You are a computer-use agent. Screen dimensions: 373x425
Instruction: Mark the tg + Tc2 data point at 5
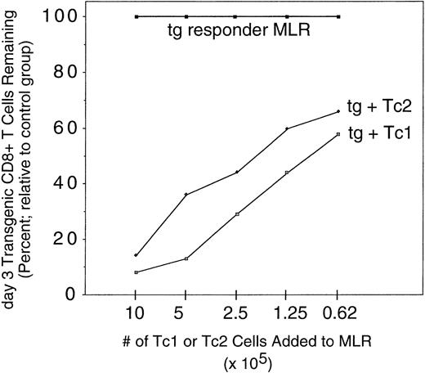[186, 195]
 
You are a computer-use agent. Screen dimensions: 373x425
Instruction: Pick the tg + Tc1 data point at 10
[136, 272]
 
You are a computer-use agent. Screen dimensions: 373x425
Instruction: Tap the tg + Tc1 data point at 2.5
[236, 214]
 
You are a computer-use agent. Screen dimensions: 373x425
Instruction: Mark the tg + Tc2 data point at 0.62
[338, 112]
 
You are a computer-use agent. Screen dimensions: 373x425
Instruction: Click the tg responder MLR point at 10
[136, 16]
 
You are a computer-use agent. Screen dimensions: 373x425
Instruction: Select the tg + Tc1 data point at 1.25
[287, 173]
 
